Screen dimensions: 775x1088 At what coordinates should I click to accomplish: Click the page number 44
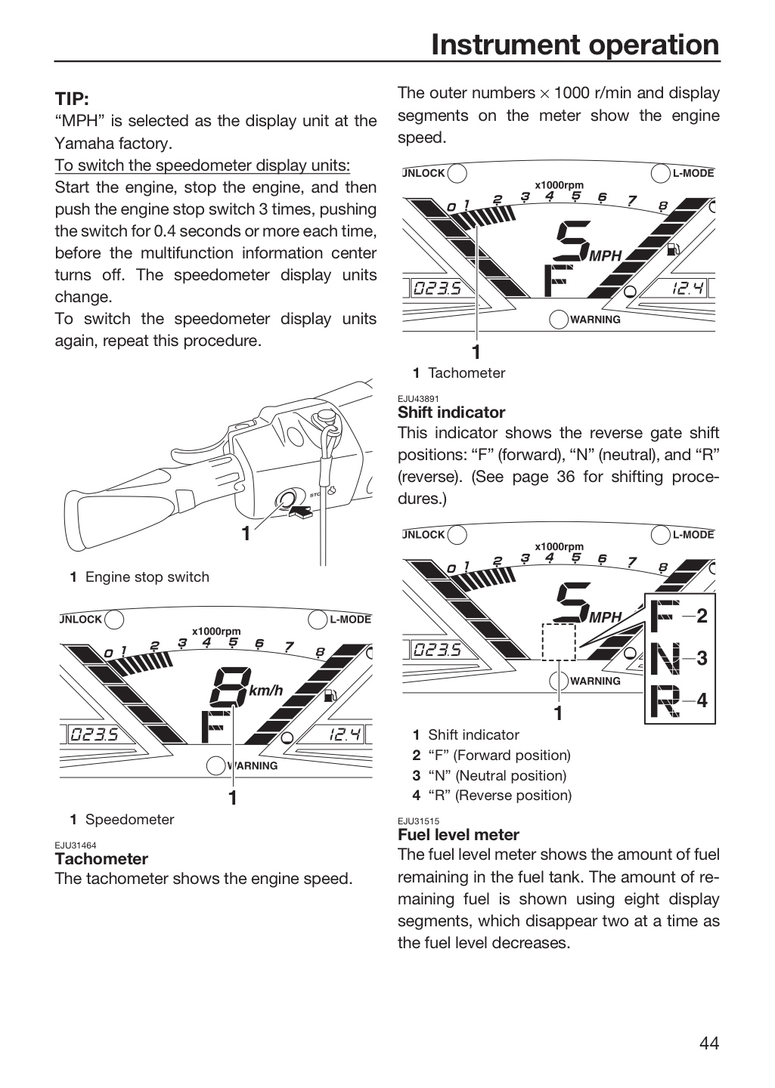point(709,1043)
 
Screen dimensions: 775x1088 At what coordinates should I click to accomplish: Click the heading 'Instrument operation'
point(575,45)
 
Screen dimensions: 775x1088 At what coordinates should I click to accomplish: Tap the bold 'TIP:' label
point(72,99)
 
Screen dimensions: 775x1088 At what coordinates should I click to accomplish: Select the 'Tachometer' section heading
point(101,858)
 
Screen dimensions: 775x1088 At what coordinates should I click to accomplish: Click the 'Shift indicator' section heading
point(451,412)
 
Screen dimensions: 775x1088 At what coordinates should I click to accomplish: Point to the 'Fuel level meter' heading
point(458,834)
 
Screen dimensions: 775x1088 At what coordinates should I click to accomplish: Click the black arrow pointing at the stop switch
point(299,512)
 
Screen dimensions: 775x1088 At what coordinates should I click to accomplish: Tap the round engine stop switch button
point(285,499)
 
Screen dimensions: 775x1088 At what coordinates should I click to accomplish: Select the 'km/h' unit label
point(265,691)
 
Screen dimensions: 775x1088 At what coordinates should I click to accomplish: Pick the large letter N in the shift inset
point(665,657)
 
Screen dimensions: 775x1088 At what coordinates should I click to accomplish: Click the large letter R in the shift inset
point(665,700)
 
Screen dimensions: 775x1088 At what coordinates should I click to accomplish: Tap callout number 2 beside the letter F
point(702,616)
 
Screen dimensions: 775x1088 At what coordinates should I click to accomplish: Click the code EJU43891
point(418,399)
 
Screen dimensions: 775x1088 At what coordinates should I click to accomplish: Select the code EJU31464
point(76,845)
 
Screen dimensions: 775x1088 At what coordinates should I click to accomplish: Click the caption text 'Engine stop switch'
point(147,577)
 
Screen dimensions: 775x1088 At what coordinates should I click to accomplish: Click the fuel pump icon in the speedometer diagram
point(330,696)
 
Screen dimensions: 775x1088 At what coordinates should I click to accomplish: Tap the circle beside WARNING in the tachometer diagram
point(559,319)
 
